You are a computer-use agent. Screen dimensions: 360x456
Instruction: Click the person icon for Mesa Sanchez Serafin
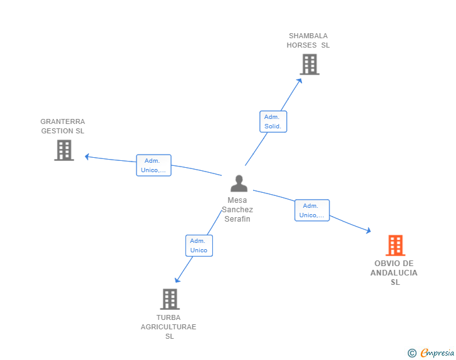pos(239,183)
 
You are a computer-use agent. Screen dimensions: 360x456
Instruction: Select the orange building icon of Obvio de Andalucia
pos(395,245)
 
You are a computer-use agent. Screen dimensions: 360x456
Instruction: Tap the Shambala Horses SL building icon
pos(309,64)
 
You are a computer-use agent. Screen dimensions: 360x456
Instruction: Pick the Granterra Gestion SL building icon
pos(64,150)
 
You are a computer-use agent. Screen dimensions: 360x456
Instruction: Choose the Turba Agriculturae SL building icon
pos(170,299)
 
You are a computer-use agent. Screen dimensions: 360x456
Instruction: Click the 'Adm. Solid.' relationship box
pos(272,121)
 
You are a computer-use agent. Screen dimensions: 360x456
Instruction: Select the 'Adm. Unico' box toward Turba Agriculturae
pos(199,245)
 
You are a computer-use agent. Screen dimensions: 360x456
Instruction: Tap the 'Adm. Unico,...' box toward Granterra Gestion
pos(153,165)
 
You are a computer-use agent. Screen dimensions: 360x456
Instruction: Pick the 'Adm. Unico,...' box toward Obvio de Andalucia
pos(312,210)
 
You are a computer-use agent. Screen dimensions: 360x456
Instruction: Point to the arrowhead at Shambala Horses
pos(299,80)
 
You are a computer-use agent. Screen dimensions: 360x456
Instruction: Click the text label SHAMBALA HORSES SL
pos(308,41)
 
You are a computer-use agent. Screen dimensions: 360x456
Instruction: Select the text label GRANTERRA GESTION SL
pos(63,126)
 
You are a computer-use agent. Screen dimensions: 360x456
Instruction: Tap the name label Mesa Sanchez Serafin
pos(237,210)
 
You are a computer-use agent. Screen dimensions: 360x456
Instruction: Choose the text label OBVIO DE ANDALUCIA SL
pos(394,273)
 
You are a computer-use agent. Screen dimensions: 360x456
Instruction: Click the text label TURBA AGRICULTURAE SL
pos(168,327)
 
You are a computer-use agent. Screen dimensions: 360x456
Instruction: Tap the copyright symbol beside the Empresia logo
pos(412,354)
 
